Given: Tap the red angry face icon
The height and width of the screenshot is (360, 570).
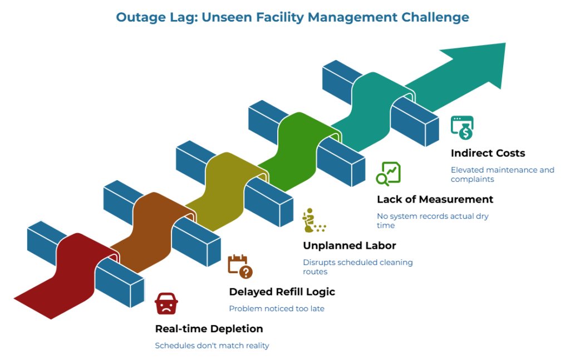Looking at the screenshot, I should (166, 304).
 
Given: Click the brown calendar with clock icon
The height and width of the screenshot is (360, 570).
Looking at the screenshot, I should (240, 266).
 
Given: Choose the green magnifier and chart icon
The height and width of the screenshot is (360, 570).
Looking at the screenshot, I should (388, 173).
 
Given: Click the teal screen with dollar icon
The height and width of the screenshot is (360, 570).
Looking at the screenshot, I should (462, 127).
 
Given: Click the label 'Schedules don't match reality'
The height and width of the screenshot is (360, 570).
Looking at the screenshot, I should (212, 346).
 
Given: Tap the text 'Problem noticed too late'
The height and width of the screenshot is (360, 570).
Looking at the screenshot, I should (277, 308).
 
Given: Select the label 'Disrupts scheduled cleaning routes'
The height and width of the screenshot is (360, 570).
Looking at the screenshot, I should (357, 267).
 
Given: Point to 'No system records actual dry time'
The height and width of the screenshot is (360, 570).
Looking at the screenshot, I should (433, 220).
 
